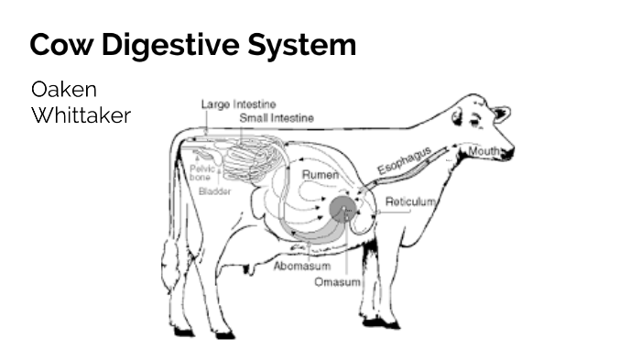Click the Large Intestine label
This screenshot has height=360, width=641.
238,104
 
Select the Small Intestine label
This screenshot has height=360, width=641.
277,118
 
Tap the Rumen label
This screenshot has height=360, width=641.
320,174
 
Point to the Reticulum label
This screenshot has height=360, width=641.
410,201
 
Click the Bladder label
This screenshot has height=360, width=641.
214,192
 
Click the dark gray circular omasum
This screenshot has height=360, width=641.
344,210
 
